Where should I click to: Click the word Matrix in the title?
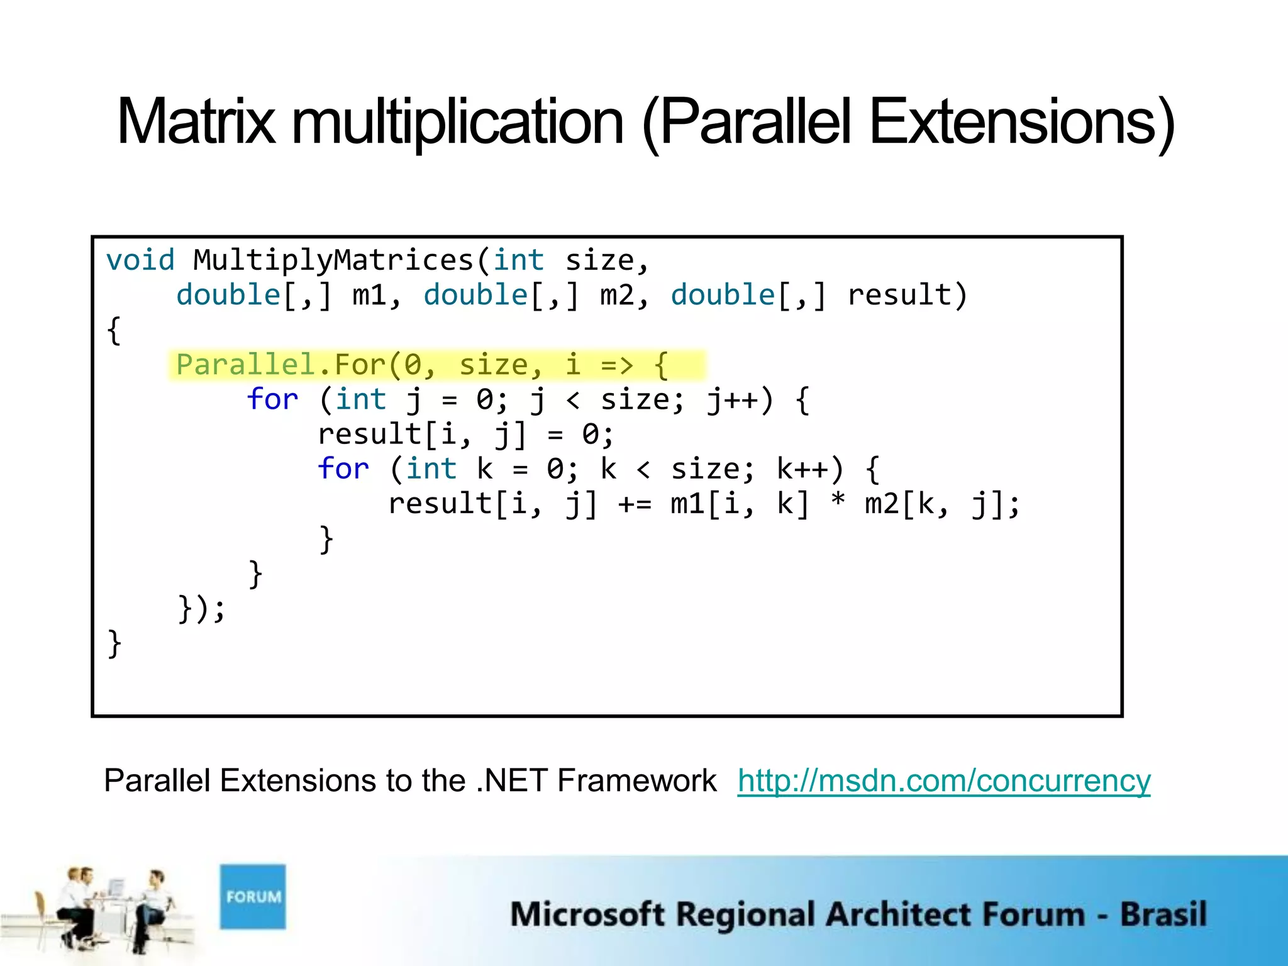click(196, 122)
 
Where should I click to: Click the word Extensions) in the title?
click(1022, 122)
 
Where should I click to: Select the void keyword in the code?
click(140, 260)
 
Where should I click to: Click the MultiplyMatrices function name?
click(333, 260)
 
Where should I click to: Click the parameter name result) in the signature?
click(906, 296)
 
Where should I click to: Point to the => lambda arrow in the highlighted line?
click(616, 365)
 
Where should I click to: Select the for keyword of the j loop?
click(272, 400)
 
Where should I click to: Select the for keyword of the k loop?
click(343, 469)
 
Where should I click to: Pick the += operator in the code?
click(635, 504)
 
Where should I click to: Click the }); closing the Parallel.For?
click(201, 609)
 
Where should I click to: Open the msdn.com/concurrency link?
click(943, 781)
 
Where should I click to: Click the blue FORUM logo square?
click(253, 896)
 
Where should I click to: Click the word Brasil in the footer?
click(1163, 914)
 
